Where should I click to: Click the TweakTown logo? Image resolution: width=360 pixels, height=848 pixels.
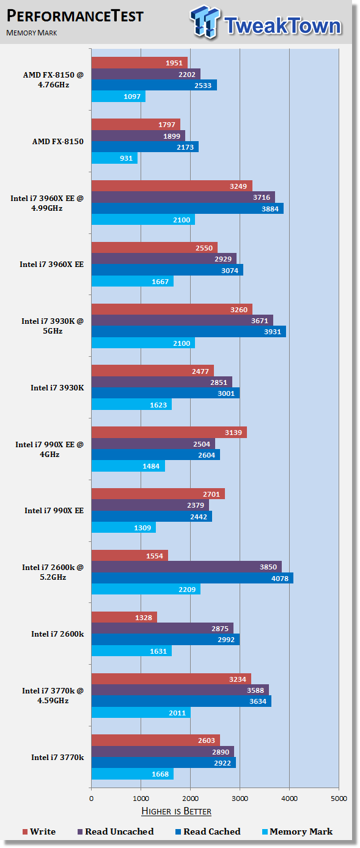(x=266, y=22)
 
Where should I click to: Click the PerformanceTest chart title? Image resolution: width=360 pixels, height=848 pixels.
(x=75, y=16)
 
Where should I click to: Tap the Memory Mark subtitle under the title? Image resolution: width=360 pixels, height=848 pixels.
(x=32, y=33)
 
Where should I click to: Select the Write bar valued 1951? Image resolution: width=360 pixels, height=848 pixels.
(x=139, y=63)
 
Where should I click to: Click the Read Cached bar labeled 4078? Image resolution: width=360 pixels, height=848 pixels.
(x=193, y=578)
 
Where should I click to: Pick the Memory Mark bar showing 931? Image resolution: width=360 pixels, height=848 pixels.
(x=114, y=158)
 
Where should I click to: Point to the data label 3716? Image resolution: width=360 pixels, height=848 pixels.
(x=262, y=197)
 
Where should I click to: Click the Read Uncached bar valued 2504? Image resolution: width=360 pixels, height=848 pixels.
(x=153, y=444)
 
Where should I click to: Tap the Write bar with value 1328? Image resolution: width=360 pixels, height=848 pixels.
(x=124, y=618)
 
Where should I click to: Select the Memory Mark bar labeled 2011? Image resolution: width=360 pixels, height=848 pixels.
(x=141, y=712)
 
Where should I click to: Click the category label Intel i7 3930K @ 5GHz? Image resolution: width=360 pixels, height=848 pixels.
(x=53, y=326)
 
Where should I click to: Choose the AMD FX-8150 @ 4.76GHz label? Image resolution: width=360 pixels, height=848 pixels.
(x=53, y=80)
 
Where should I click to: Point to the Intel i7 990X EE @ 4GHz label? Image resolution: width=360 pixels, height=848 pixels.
(x=50, y=450)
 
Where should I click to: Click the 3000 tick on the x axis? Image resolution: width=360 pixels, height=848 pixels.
(x=240, y=799)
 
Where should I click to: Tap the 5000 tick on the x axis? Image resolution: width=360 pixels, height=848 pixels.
(x=339, y=799)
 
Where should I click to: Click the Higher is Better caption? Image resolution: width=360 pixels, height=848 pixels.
(x=177, y=811)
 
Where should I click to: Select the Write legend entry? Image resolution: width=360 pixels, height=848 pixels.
(x=39, y=832)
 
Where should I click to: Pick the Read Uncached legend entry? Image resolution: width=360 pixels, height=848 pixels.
(x=116, y=832)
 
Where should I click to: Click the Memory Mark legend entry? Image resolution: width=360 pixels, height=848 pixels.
(x=298, y=832)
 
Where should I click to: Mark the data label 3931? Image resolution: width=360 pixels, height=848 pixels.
(x=273, y=332)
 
